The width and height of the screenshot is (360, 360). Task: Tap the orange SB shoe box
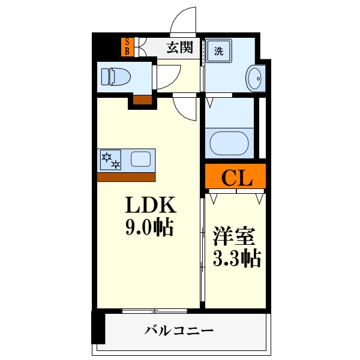[127, 47]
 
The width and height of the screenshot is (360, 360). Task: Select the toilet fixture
[115, 76]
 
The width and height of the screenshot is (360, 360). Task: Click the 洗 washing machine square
[218, 52]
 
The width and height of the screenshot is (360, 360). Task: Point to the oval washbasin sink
[254, 78]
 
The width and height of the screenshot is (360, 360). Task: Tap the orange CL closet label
[235, 177]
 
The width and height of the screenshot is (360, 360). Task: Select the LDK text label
[150, 206]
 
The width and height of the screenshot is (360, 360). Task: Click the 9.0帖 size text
[149, 227]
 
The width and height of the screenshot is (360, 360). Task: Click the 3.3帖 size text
[236, 259]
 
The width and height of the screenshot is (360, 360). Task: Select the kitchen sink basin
[141, 159]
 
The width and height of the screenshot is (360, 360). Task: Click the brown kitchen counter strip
[126, 176]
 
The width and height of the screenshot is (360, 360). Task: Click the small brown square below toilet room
[142, 100]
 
